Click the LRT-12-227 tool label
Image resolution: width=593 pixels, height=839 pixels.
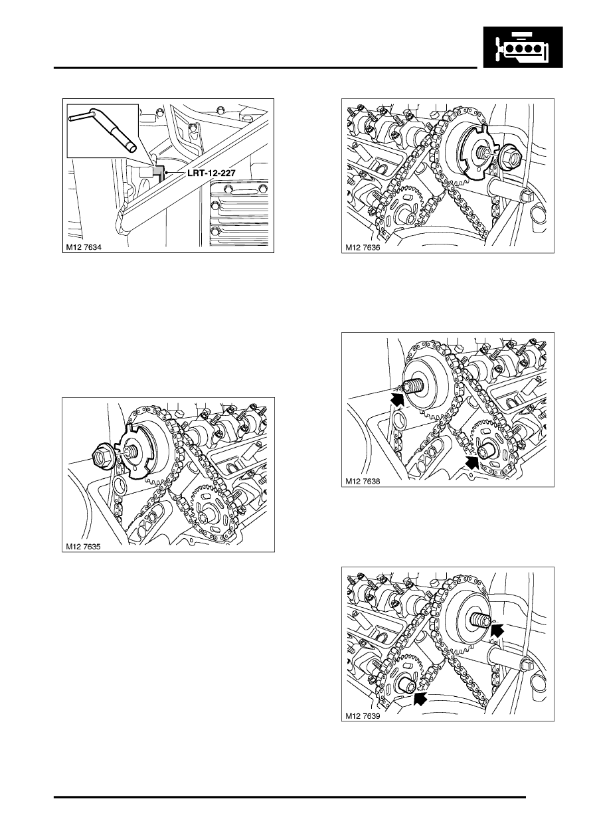(x=211, y=173)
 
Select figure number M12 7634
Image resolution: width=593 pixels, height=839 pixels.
(x=84, y=247)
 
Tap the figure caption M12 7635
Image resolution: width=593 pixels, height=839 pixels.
(x=83, y=547)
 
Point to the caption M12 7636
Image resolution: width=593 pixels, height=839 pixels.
(x=363, y=247)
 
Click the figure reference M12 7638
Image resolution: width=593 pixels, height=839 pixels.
(x=363, y=482)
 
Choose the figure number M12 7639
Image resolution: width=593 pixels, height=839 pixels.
(x=363, y=716)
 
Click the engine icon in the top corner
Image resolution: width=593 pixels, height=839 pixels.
(x=523, y=47)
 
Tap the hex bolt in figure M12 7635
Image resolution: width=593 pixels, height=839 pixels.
(x=102, y=455)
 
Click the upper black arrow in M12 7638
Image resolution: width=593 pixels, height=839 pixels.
(x=398, y=399)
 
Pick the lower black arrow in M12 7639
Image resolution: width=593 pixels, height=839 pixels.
(x=420, y=699)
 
